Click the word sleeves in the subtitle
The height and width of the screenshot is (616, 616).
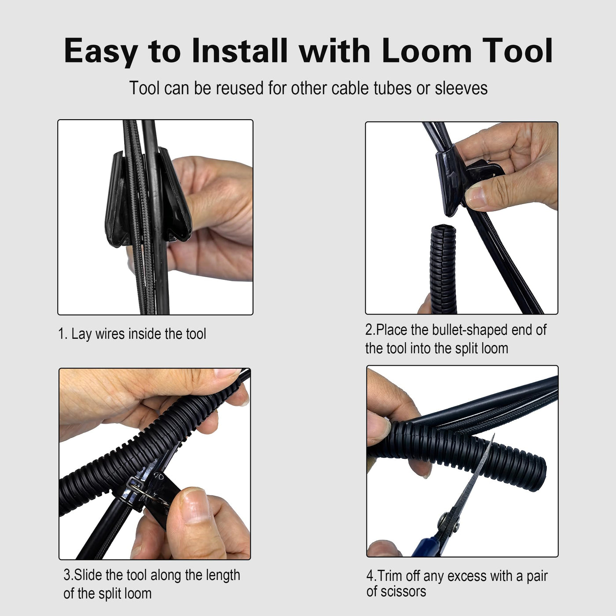tap(461, 88)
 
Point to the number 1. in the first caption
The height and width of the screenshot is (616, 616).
tap(62, 334)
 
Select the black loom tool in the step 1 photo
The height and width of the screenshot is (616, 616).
tap(148, 198)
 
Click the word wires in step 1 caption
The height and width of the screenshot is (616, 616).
tap(110, 334)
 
